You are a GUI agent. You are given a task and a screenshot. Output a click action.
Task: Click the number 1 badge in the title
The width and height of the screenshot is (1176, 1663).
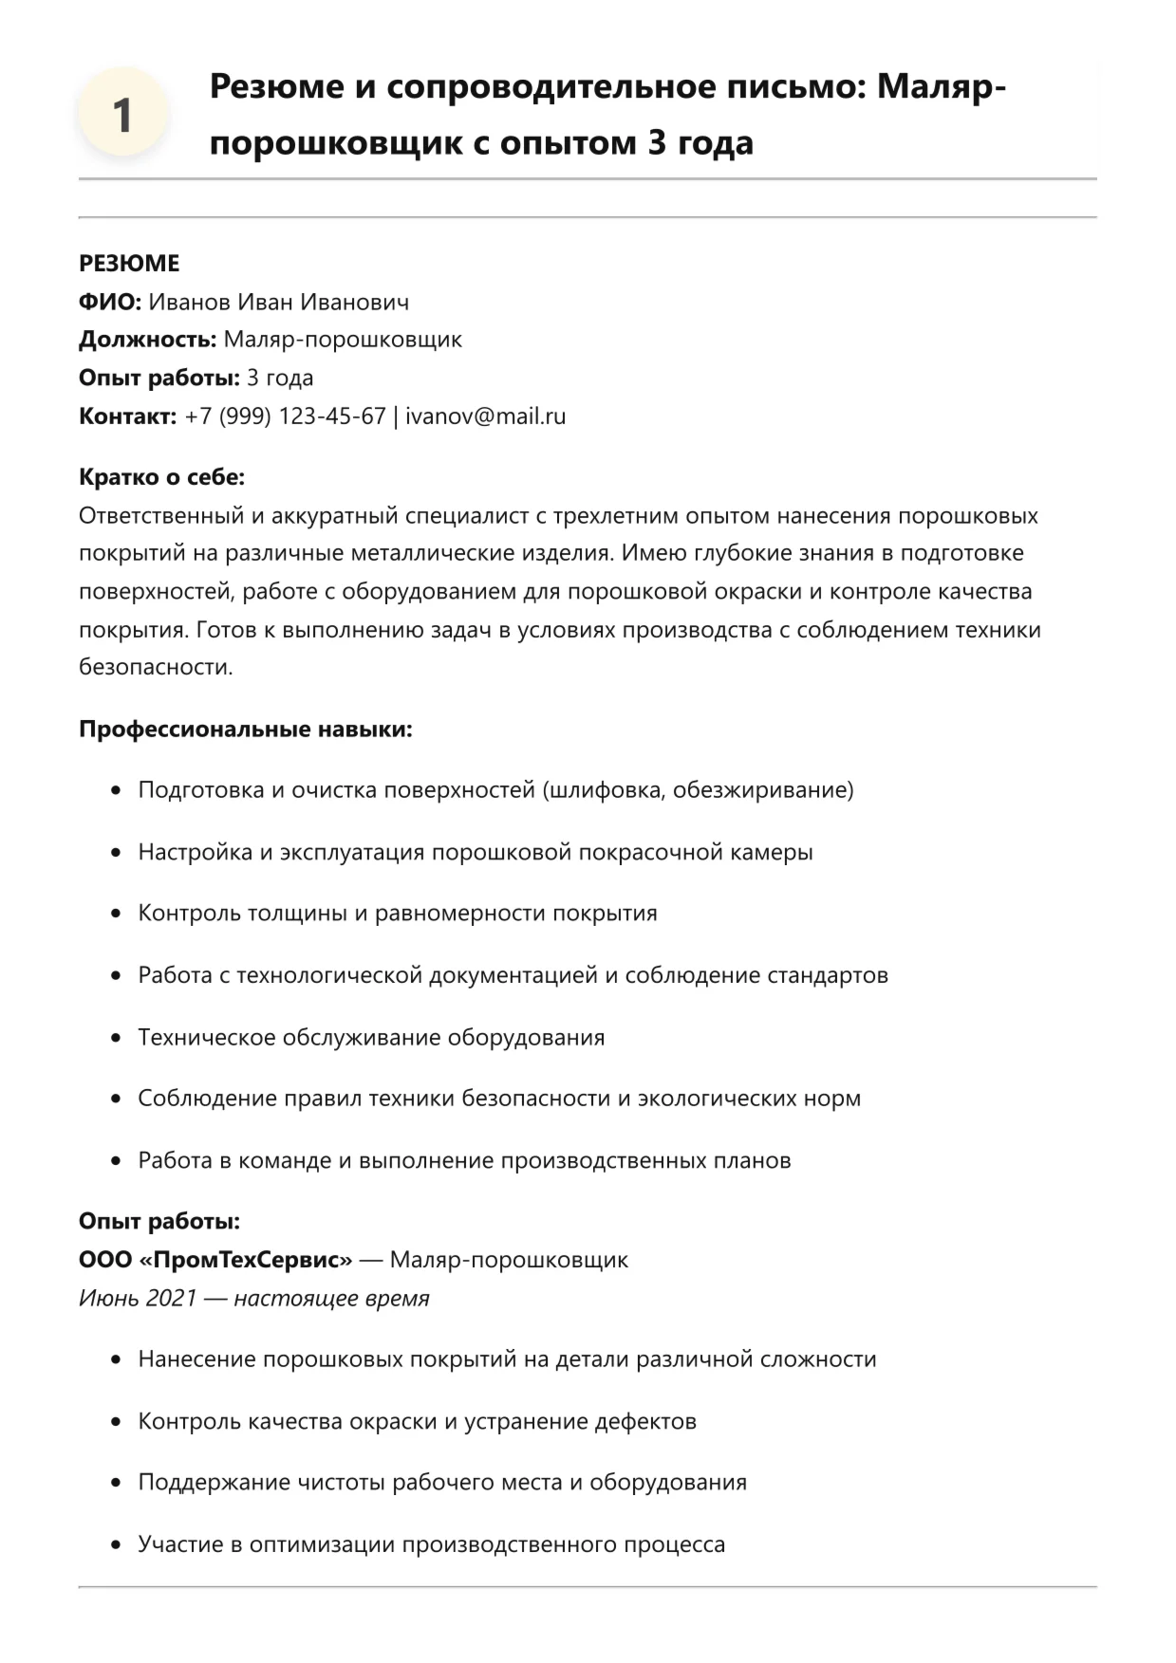[122, 115]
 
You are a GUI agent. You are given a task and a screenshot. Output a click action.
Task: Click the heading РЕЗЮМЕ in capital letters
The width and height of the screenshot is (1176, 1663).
[129, 263]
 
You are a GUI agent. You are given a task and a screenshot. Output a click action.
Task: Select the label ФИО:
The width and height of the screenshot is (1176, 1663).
[109, 302]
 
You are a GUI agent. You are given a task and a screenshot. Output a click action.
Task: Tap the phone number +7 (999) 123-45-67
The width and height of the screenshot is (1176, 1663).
[285, 416]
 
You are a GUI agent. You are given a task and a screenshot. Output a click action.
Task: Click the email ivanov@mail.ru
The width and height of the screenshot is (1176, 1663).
[485, 416]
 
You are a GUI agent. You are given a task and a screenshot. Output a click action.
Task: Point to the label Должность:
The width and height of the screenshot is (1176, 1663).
[147, 339]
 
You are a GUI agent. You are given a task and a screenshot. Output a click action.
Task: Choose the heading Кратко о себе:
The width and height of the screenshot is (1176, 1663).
[161, 476]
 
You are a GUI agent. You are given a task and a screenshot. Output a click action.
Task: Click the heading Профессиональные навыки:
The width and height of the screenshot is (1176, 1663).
[245, 729]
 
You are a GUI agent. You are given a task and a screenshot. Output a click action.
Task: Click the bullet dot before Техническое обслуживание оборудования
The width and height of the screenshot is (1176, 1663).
[116, 1037]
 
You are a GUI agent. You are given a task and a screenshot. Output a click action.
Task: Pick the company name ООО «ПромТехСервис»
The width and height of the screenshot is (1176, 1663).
[215, 1259]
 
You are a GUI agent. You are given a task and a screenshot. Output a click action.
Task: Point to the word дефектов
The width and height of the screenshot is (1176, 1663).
[645, 1420]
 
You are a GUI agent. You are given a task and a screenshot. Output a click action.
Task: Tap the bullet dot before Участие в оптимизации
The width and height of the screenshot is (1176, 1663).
[116, 1543]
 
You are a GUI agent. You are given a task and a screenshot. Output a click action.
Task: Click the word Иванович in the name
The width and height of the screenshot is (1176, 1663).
[355, 302]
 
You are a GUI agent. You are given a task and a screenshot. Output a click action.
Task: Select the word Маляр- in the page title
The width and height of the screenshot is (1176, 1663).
[941, 86]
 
